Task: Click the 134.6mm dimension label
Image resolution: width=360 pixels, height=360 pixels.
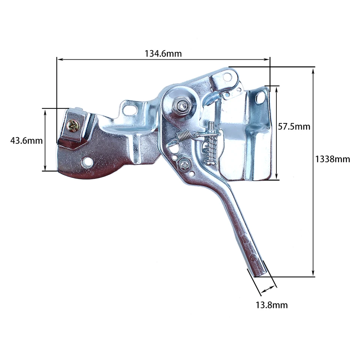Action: pyautogui.click(x=163, y=53)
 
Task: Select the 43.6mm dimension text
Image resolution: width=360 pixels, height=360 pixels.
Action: pyautogui.click(x=26, y=141)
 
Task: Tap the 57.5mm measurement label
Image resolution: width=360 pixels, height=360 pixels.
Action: pyautogui.click(x=294, y=126)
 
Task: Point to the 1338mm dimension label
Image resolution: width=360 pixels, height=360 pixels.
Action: pyautogui.click(x=332, y=159)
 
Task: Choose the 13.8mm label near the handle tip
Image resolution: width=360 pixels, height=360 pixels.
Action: pyautogui.click(x=271, y=305)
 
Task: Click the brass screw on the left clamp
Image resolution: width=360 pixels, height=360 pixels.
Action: pyautogui.click(x=72, y=125)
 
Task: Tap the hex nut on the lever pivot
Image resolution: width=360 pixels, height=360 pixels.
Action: pyautogui.click(x=183, y=106)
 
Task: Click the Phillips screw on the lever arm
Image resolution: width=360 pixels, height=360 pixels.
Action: pyautogui.click(x=184, y=164)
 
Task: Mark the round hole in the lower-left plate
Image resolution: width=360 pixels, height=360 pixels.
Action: pyautogui.click(x=88, y=162)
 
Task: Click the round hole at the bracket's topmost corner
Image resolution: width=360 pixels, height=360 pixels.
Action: pyautogui.click(x=227, y=77)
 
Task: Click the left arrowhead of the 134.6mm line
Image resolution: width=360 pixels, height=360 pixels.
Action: pyautogui.click(x=58, y=58)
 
